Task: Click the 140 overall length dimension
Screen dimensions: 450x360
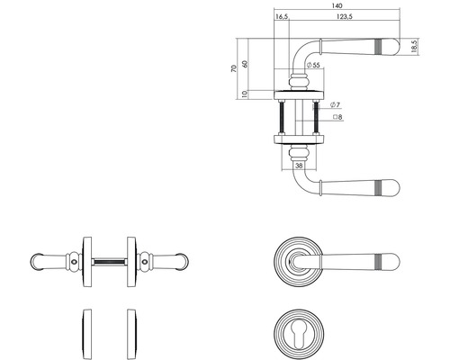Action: click(x=337, y=5)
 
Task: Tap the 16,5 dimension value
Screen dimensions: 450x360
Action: click(x=282, y=17)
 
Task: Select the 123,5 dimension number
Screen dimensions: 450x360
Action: click(x=345, y=17)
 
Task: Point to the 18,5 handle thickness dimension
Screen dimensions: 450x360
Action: click(x=415, y=47)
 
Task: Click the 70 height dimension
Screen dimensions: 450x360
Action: click(x=234, y=68)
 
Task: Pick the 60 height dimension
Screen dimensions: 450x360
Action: click(x=245, y=64)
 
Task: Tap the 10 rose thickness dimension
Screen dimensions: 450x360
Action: click(x=245, y=94)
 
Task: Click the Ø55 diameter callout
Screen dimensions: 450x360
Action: click(x=313, y=65)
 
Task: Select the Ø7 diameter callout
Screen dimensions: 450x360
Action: click(x=335, y=105)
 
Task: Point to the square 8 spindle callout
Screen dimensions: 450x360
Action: click(x=337, y=117)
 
